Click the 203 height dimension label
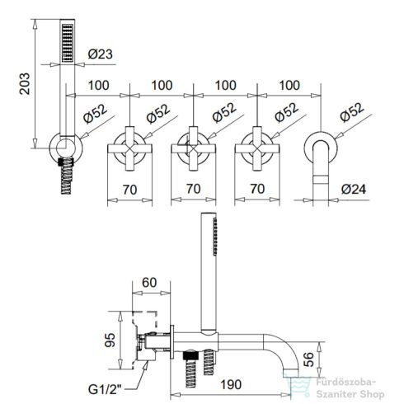click(x=25, y=83)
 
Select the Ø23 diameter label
click(x=100, y=54)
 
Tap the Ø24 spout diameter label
click(x=354, y=189)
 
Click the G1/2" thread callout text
click(x=105, y=389)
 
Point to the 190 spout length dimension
click(x=231, y=384)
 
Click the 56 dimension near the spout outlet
click(x=309, y=359)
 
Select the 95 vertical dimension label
click(x=110, y=340)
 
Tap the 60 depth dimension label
click(x=149, y=283)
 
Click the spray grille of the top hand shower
click(x=68, y=43)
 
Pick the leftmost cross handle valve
click(x=129, y=148)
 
